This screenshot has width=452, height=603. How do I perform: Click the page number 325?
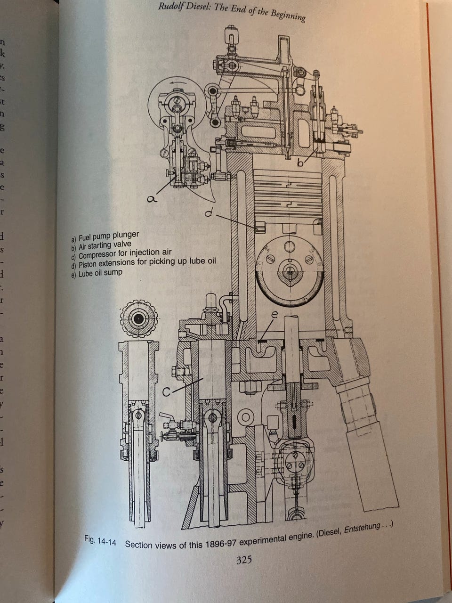pos(244,560)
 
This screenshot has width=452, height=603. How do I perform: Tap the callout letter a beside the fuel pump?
pos(152,199)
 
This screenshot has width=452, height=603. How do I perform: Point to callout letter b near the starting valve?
pos(300,163)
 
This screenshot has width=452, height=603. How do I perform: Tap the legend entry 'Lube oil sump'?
pos(97,273)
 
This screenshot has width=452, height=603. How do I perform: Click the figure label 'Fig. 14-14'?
pos(100,540)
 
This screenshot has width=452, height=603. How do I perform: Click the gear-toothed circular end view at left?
pos(138,319)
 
